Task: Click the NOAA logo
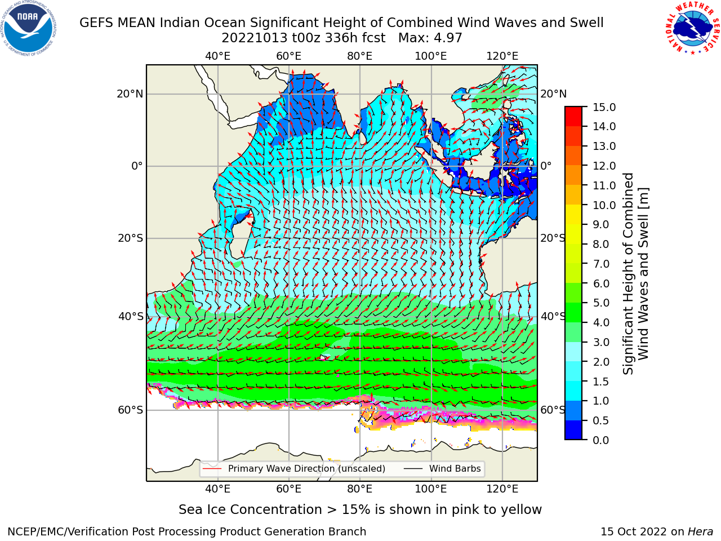pyautogui.click(x=29, y=28)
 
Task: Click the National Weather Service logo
pyautogui.click(x=692, y=28)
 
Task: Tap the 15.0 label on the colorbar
pyautogui.click(x=604, y=108)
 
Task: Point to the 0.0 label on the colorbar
pyautogui.click(x=601, y=440)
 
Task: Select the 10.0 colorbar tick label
pyautogui.click(x=604, y=205)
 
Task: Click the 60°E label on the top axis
pyautogui.click(x=289, y=56)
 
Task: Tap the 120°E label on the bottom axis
pyautogui.click(x=502, y=489)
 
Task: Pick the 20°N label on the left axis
pyautogui.click(x=130, y=94)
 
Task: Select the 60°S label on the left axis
pyautogui.click(x=131, y=410)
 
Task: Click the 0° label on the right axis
pyautogui.click(x=546, y=166)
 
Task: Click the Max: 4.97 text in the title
pyautogui.click(x=430, y=38)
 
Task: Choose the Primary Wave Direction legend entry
pyautogui.click(x=294, y=468)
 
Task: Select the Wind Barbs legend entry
pyautogui.click(x=442, y=468)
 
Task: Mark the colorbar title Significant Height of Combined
pyautogui.click(x=628, y=274)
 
